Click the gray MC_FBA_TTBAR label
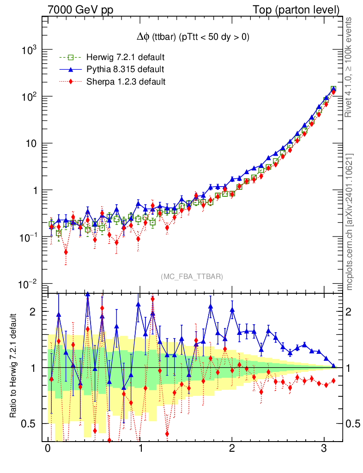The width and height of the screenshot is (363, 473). coord(192,277)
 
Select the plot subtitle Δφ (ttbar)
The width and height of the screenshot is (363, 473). coord(190,37)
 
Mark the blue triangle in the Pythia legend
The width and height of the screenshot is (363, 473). coord(71,69)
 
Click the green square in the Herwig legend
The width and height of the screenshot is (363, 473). coord(71,57)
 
